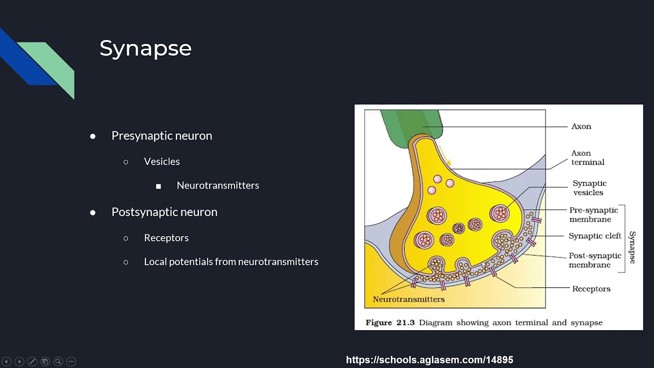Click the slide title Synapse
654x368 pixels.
(x=145, y=49)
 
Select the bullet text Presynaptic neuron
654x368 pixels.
(x=161, y=135)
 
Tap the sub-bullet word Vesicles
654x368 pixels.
(x=161, y=162)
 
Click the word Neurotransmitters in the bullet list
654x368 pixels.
(x=218, y=186)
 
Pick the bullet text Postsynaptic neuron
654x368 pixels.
(x=164, y=212)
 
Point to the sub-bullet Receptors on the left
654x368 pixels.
(x=166, y=238)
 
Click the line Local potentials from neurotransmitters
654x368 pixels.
(x=231, y=262)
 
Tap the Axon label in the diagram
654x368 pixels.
(x=581, y=126)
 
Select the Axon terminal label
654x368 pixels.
(x=588, y=157)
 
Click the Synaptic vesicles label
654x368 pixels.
(x=589, y=188)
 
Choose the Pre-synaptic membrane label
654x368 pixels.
(x=593, y=215)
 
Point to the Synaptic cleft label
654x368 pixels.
(x=595, y=236)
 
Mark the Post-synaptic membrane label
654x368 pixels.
(x=595, y=260)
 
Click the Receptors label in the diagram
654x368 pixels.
(x=591, y=289)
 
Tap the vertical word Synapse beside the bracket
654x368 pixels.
(x=633, y=247)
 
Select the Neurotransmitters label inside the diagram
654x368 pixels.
(x=408, y=299)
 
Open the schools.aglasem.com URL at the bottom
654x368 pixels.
(x=429, y=360)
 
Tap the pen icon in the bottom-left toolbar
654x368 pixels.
(x=32, y=361)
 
